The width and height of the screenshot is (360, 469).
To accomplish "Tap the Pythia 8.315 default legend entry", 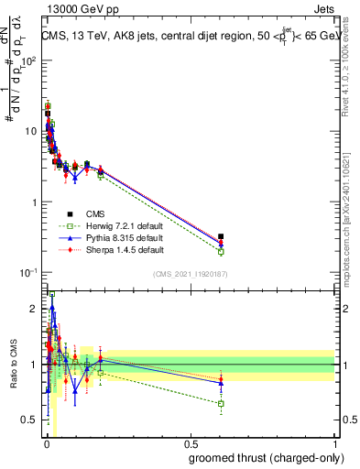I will click(122, 237).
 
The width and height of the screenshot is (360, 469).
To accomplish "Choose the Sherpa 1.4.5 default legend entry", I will click(122, 248).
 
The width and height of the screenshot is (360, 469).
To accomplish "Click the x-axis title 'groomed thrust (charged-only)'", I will click(262, 458).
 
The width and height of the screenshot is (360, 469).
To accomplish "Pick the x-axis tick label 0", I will click(46, 444).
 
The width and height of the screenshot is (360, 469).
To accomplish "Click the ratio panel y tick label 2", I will click(34, 309).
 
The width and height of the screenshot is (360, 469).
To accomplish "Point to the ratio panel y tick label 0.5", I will click(29, 420).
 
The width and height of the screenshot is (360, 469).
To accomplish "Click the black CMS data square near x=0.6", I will click(221, 236).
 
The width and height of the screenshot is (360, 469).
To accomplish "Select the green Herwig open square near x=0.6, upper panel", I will click(221, 251).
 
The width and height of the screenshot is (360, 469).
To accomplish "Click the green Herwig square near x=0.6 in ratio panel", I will click(221, 403).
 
